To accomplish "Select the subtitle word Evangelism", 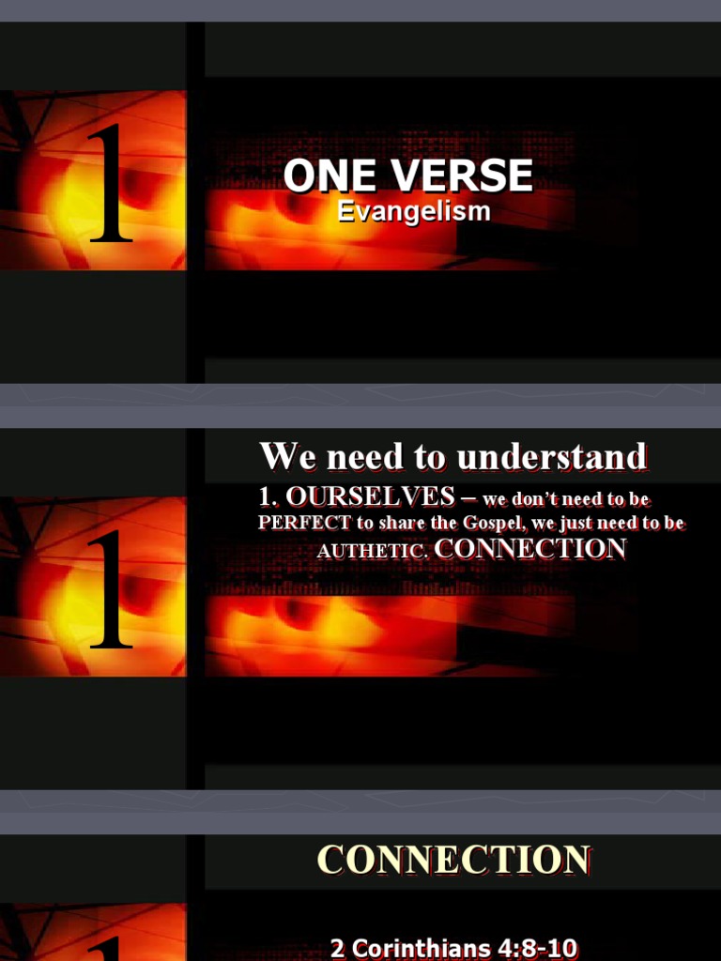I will pos(414,211).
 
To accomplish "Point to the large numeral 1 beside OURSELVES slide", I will pos(110,590).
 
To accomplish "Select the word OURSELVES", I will pos(370,496).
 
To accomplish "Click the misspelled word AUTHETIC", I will pos(372,553).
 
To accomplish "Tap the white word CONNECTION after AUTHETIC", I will pos(530,550).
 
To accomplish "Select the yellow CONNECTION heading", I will pos(453,861).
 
